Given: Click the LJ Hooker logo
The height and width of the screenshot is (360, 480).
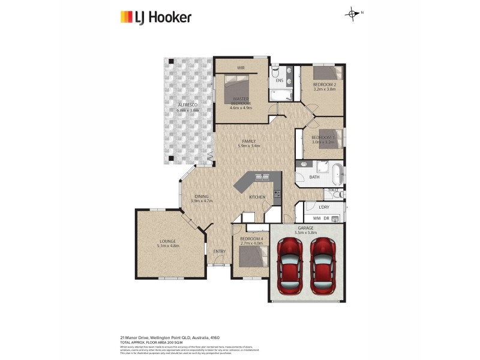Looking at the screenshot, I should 155,17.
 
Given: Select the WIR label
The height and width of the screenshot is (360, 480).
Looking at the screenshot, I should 241,68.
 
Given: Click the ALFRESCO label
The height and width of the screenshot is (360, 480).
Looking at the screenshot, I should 187,105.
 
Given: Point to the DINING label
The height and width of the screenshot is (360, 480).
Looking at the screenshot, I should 201,197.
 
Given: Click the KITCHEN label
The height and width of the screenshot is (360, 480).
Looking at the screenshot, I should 257,197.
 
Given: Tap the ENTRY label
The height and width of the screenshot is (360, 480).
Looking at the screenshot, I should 219,251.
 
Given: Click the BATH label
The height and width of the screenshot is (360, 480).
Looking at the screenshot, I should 314,177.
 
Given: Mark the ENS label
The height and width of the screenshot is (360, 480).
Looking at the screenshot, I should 279,81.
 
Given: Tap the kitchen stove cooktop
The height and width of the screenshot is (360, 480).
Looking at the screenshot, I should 277,194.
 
